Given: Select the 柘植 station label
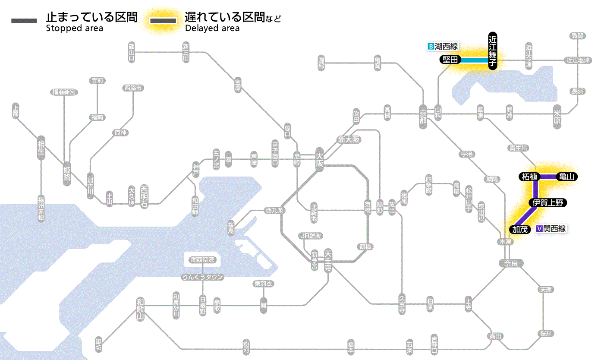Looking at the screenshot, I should coord(529,177).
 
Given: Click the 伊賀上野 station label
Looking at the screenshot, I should coord(547,203).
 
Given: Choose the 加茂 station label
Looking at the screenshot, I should coord(520,229).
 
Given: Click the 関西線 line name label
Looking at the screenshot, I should coord(554,229).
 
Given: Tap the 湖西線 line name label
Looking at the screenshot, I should coord(446,47).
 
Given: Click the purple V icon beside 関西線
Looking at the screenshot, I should coord(539,229).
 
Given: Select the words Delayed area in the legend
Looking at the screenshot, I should coord(212,28).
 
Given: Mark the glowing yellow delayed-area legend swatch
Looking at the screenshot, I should coord(163,21).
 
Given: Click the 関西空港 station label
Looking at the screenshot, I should coord(203,259).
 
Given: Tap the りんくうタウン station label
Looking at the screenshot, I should coord(203,277).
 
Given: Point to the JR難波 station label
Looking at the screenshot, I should coord(311,236).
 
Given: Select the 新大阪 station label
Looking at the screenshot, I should coord(349,139).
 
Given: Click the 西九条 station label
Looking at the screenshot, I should coord(274,211).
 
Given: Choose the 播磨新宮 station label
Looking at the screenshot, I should coord(64,92).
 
